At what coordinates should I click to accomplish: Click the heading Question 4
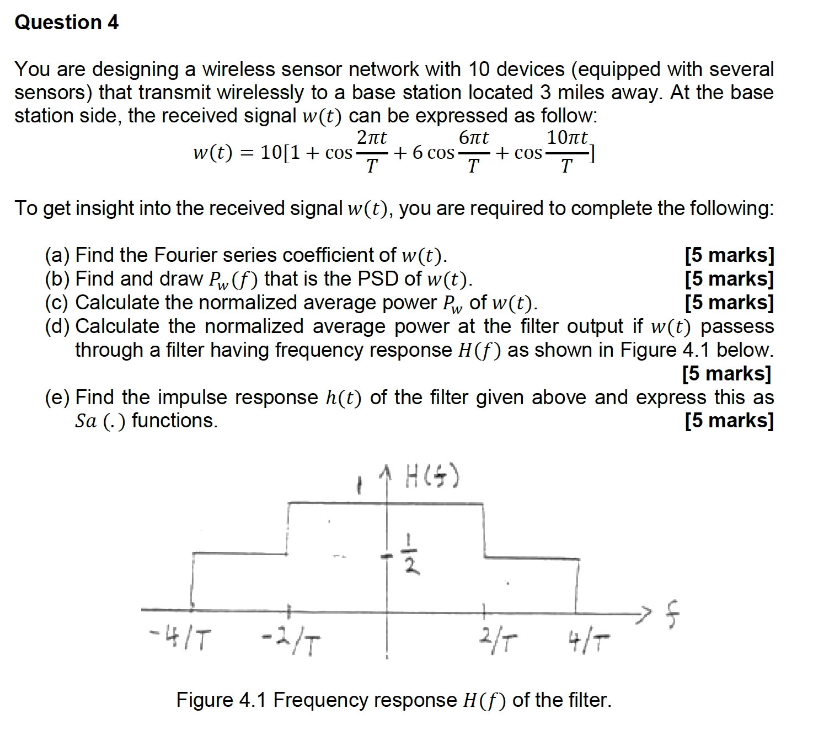[66, 23]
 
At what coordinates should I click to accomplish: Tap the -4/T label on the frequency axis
[180, 638]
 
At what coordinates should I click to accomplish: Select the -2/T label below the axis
[291, 642]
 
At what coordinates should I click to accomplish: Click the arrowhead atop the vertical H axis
[387, 471]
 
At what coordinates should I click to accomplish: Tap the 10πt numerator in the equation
[568, 137]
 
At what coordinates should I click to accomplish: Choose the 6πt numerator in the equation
[474, 137]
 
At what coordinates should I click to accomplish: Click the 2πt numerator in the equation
[372, 137]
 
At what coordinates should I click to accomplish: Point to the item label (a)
[57, 255]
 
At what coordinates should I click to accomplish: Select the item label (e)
[57, 398]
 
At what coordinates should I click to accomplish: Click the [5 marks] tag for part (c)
[729, 303]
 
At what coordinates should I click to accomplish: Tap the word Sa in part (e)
[86, 421]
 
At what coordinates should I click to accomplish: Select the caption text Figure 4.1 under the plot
[221, 700]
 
